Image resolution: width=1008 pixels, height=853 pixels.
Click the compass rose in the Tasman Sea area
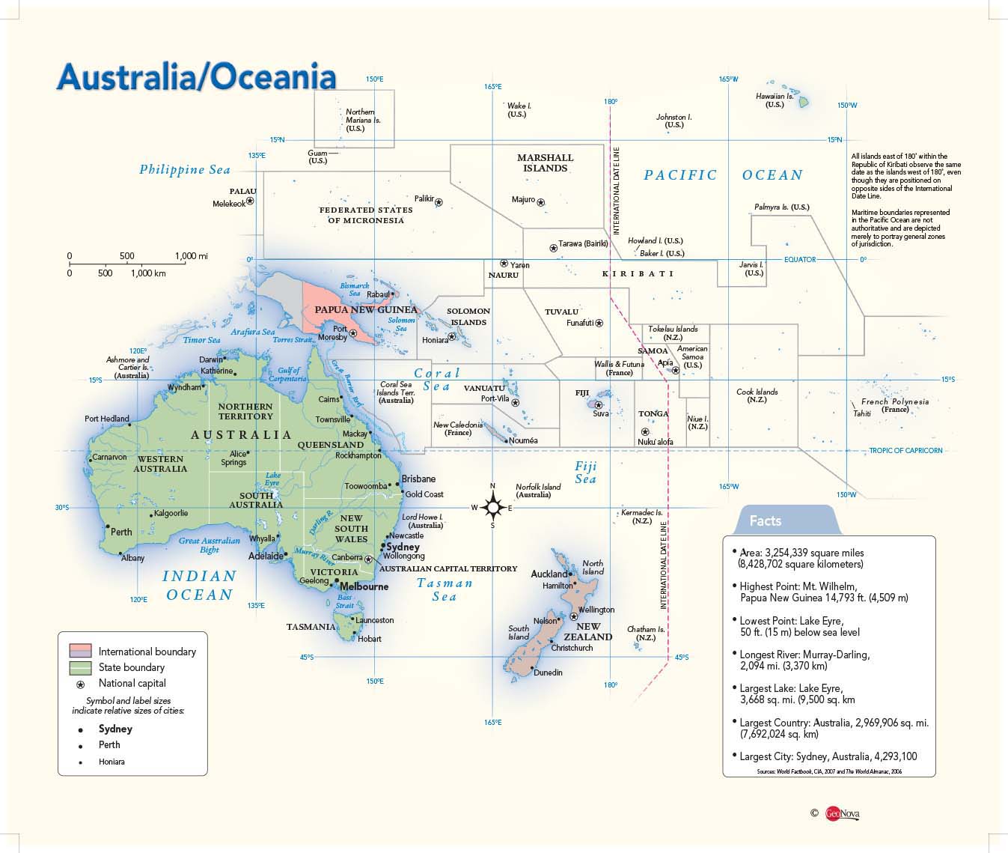492,508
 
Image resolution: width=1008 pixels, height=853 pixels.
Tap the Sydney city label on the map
403,547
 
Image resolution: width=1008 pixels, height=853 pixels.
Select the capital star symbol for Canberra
368,559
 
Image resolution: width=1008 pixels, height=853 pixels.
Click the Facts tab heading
766,520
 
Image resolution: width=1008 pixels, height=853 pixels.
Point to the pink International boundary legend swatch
80,651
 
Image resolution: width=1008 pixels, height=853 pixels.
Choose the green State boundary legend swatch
80,667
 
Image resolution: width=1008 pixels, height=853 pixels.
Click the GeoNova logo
842,813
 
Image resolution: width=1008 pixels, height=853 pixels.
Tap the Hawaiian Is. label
775,100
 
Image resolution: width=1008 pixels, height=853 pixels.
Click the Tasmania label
311,627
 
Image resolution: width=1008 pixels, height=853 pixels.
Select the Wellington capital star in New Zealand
574,616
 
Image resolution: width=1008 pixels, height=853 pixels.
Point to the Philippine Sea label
185,170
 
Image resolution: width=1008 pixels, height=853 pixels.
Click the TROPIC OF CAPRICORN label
905,451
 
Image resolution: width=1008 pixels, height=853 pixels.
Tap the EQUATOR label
800,260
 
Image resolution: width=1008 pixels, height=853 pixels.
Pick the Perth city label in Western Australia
121,532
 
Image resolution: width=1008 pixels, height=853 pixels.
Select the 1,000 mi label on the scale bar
192,256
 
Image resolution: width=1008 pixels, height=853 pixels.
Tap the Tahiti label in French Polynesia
862,413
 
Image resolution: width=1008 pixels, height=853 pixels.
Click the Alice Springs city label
235,458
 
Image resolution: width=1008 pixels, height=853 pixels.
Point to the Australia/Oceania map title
196,78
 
